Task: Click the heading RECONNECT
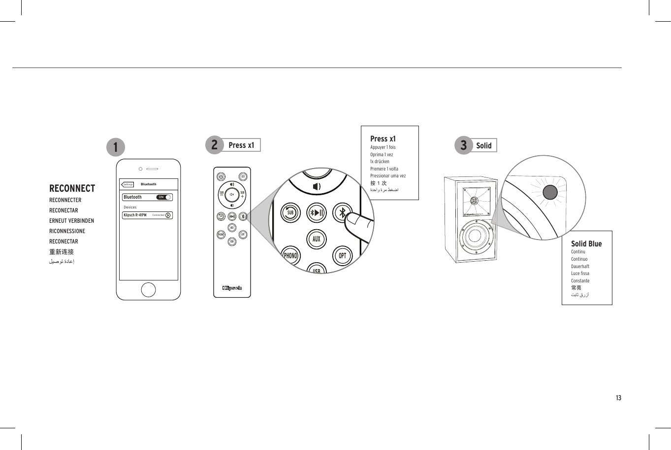[72, 188]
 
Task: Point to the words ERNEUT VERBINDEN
[71, 221]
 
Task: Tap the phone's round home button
[148, 290]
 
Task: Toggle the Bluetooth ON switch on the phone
[164, 197]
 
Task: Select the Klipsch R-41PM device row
[147, 215]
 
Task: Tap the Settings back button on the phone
[128, 184]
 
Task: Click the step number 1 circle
[116, 147]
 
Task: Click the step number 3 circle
[463, 145]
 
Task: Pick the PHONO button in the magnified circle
[290, 256]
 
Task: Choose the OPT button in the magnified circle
[343, 255]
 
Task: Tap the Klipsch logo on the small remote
[232, 288]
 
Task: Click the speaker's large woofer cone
[475, 236]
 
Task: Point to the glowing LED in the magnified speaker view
[550, 192]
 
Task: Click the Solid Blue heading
[586, 243]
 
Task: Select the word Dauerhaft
[580, 266]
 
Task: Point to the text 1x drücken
[380, 162]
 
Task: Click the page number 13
[618, 398]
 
